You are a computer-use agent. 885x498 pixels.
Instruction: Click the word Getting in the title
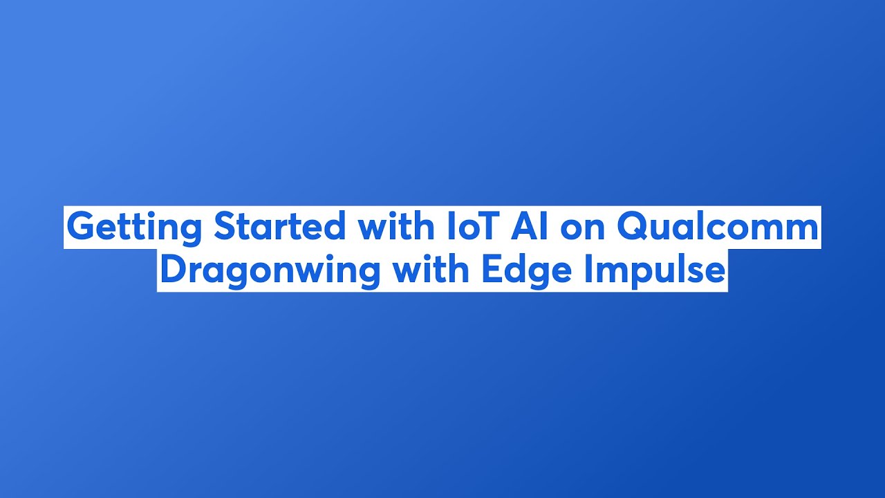[x=136, y=227]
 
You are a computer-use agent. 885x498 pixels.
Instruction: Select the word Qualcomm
[x=718, y=227]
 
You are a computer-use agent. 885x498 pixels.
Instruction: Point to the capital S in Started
[x=225, y=227]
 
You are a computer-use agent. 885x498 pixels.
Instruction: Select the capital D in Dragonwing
[x=173, y=270]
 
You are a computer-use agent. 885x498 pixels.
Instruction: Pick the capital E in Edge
[x=490, y=270]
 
